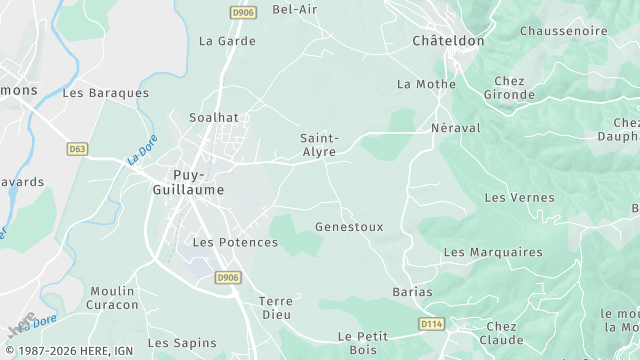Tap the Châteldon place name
tap(448, 41)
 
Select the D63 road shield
tap(77, 148)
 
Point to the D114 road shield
tap(431, 324)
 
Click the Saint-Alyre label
tap(320, 146)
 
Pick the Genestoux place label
tap(349, 227)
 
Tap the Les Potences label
tap(235, 242)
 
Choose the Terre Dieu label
tap(275, 307)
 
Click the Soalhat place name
tap(214, 117)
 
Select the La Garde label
tap(227, 41)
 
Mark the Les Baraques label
tap(105, 92)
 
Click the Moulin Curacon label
tap(112, 297)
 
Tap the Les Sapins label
tap(182, 343)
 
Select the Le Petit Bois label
tap(362, 343)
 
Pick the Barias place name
tap(413, 292)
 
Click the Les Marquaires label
tap(492, 252)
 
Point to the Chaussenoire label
tap(563, 31)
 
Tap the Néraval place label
tap(455, 128)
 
